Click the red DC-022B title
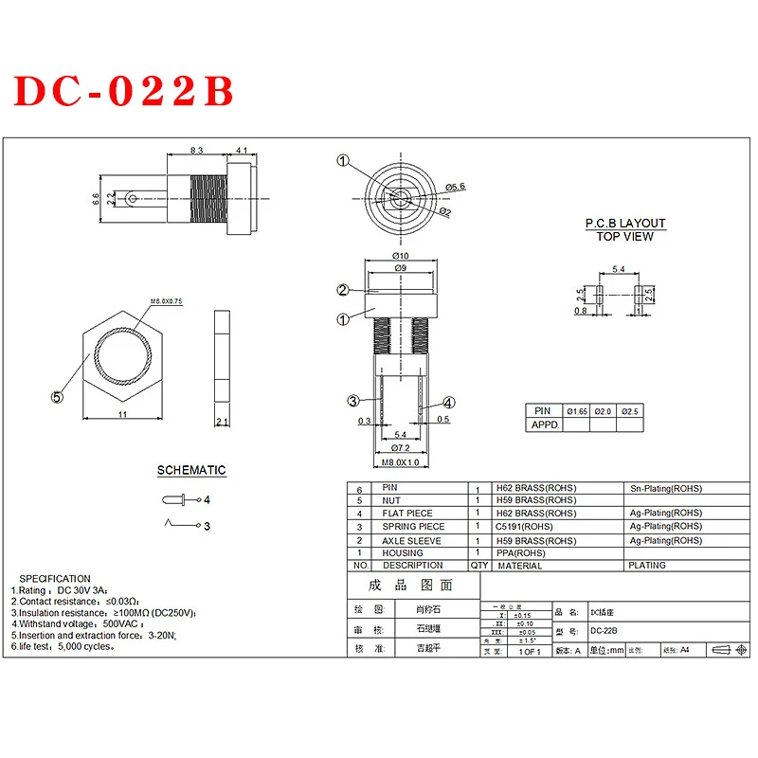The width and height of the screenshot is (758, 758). [x=122, y=91]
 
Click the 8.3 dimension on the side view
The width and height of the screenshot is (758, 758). [x=197, y=151]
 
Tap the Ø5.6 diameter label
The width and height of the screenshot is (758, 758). [x=456, y=188]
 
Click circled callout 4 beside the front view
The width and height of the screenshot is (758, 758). [x=448, y=403]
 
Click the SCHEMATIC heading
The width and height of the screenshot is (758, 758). [x=191, y=470]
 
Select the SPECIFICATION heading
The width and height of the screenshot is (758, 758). [x=55, y=578]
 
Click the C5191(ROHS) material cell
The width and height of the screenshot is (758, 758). [x=524, y=527]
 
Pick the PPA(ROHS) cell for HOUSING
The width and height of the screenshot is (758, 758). [x=521, y=552]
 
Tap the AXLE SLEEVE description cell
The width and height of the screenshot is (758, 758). [x=412, y=540]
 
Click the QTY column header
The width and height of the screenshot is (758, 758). [x=479, y=566]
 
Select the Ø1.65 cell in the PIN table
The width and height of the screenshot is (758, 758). [x=576, y=411]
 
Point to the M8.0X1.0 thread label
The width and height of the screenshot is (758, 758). [x=399, y=461]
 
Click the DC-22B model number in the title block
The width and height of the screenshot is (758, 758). [x=605, y=632]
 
